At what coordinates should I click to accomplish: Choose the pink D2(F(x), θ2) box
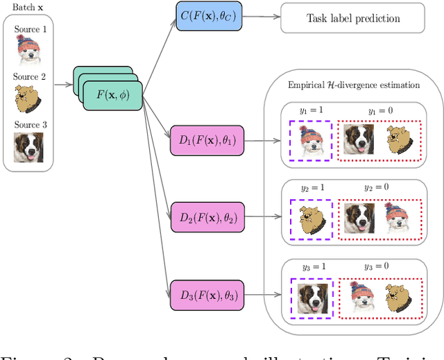tap(207, 217)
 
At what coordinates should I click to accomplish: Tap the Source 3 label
tap(28, 125)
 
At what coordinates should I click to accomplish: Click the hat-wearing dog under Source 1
tap(28, 51)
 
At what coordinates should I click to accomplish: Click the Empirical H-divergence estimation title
tap(354, 85)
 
